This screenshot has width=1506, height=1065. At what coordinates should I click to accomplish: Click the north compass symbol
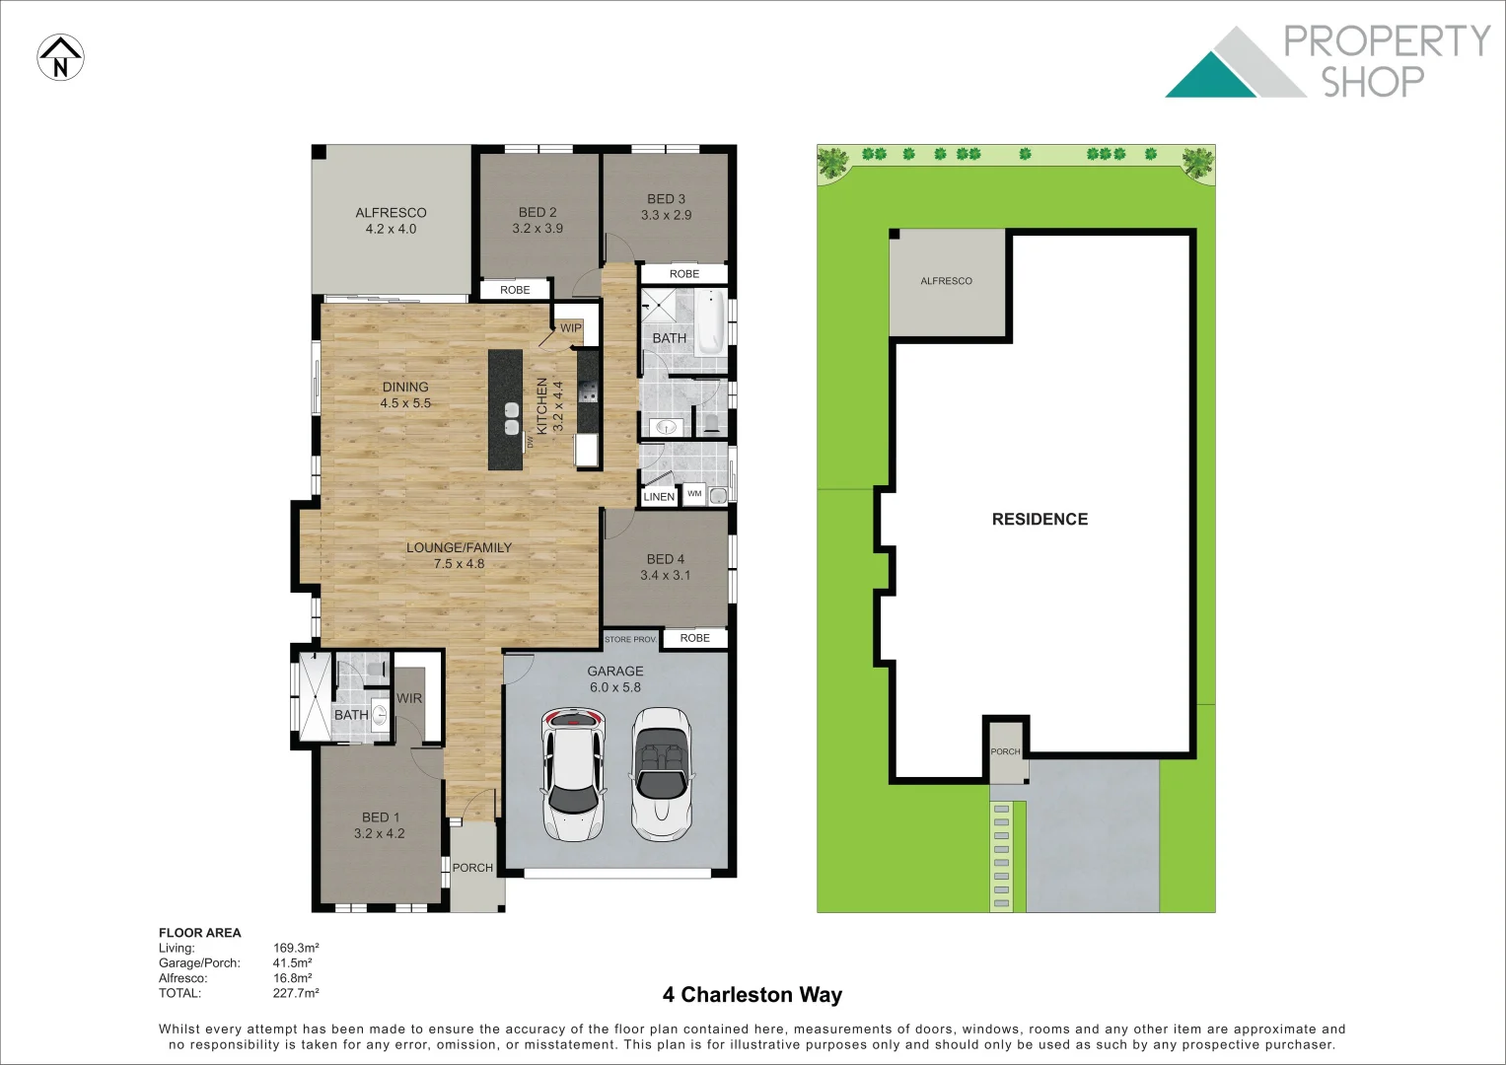[x=60, y=57]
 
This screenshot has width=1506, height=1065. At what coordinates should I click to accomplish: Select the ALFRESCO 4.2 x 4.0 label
[x=391, y=220]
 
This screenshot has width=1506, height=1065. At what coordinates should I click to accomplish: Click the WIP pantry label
[x=571, y=328]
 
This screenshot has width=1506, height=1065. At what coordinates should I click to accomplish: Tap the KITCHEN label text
[x=541, y=405]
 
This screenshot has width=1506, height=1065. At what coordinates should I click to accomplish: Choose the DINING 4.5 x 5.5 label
[x=405, y=394]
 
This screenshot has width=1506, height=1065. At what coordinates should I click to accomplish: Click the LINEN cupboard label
[x=659, y=497]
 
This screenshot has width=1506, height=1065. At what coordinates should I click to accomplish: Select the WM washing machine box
[x=694, y=494]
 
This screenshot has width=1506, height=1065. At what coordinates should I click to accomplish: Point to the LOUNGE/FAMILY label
[x=460, y=555]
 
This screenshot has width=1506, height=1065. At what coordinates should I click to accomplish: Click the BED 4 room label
[x=666, y=567]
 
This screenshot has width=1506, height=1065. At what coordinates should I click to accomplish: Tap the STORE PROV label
[x=630, y=640]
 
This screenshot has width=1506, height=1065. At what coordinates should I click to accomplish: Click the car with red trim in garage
[x=572, y=774]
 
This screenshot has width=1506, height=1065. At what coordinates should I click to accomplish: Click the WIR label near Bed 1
[x=409, y=698]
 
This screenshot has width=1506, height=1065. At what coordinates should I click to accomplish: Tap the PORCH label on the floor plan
[x=472, y=868]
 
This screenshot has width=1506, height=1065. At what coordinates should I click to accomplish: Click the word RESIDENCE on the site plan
[x=1040, y=519]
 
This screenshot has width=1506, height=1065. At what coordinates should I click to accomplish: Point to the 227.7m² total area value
[x=296, y=993]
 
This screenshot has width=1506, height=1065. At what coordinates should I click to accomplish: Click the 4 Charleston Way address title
[x=753, y=994]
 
